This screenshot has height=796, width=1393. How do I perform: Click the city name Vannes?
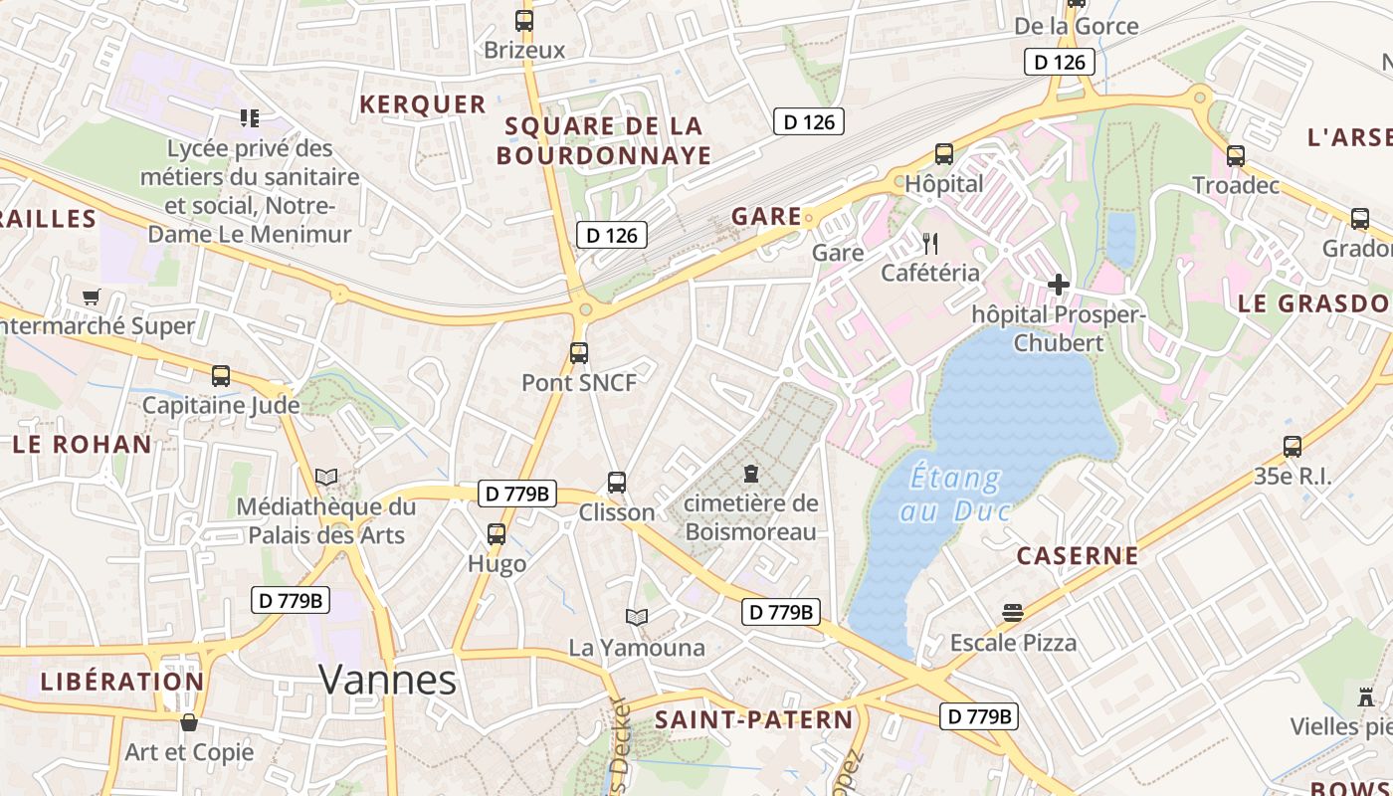click(x=387, y=681)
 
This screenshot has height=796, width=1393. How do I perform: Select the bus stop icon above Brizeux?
click(x=524, y=20)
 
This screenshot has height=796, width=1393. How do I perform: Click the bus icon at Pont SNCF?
click(x=578, y=352)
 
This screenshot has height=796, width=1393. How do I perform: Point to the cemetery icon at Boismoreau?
click(x=751, y=474)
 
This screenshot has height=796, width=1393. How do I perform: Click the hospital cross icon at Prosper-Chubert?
click(x=1059, y=286)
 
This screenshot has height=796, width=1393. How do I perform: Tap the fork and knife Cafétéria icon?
click(x=930, y=243)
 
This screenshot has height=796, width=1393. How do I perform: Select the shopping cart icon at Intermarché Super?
click(x=92, y=297)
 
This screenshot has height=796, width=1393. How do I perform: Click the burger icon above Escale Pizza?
click(x=1013, y=612)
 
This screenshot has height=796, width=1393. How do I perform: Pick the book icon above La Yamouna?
click(x=637, y=618)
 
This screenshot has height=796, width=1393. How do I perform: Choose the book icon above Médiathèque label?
click(x=326, y=477)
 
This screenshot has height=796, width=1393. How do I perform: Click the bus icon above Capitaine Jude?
click(x=221, y=376)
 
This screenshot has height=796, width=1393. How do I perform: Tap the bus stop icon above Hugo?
click(x=497, y=534)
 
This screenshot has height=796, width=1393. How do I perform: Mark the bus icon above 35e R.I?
click(x=1293, y=447)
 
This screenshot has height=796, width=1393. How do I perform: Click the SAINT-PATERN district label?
click(x=753, y=720)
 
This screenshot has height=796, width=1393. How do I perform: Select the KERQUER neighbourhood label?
click(x=423, y=104)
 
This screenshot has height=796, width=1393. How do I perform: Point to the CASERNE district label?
click(x=1078, y=556)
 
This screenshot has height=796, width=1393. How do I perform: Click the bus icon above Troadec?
click(x=1235, y=156)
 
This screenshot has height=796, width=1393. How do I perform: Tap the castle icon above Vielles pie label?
click(x=1365, y=696)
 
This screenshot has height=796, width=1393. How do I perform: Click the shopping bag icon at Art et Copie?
click(x=189, y=722)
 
